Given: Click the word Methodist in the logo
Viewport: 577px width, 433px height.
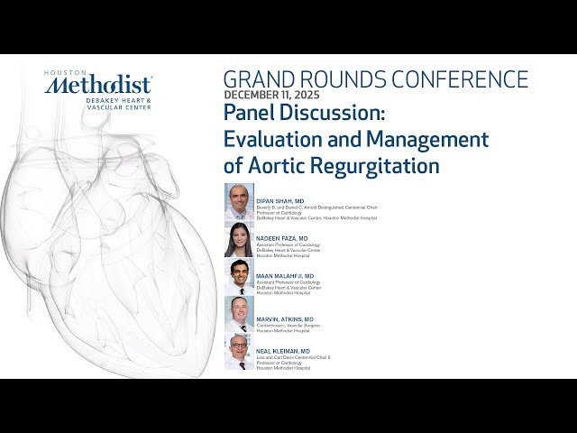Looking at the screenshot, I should [98, 86].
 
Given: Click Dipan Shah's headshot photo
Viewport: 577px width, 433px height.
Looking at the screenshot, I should [239, 201].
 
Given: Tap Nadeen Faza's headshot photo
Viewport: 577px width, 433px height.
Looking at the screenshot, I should [239, 239].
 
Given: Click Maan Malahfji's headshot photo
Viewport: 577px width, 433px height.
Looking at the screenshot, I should [239, 276].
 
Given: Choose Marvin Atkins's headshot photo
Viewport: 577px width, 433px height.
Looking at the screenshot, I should [239, 313].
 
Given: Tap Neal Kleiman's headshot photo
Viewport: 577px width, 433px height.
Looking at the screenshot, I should [239, 351].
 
